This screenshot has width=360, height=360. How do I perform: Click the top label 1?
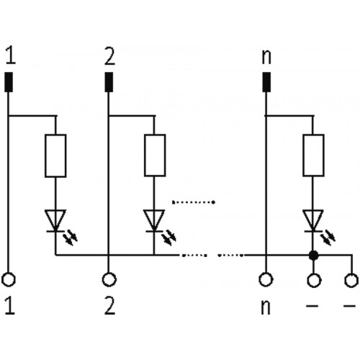coord(10,55)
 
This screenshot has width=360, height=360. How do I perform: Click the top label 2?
coord(109,55)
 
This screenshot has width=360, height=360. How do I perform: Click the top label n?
coord(266,57)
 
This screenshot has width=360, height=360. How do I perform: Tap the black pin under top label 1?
coord(9,82)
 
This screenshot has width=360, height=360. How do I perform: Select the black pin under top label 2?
coord(109,82)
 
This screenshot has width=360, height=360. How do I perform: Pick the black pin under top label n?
coord(266,82)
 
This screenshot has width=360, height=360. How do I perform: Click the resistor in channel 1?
coord(55,156)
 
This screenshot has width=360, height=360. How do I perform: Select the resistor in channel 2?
coord(155,156)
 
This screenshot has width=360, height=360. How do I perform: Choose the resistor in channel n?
coord(313,156)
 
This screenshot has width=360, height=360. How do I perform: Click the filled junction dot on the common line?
coord(313,256)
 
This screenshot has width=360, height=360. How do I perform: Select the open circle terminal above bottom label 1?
coord(9,280)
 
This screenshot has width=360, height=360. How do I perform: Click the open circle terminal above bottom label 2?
coord(109,280)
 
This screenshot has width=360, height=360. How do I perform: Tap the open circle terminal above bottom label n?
coord(266,280)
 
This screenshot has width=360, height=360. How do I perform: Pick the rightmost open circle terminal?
coord(351,280)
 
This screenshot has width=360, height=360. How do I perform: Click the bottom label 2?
coord(109,305)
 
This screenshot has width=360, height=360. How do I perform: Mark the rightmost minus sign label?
coord(349,306)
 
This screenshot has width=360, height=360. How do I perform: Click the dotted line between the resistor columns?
coord(194,202)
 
